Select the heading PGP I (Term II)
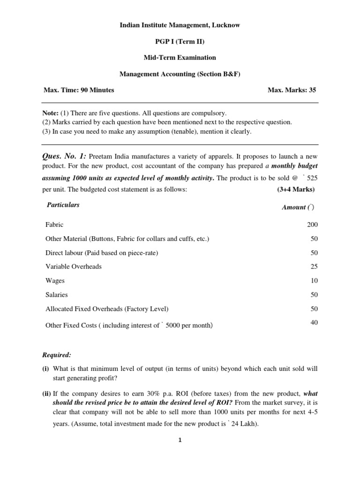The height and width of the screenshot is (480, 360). click(180, 41)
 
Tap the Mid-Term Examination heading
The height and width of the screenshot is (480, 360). click(180, 58)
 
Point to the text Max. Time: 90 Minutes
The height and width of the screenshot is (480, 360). click(79, 90)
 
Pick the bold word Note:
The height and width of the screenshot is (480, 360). click(51, 113)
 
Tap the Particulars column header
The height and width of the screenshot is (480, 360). click(63, 205)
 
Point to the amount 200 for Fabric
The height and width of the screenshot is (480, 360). click(312, 225)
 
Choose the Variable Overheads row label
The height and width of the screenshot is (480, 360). click(74, 267)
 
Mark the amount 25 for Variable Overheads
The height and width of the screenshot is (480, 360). click(314, 267)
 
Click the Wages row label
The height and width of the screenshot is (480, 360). click(55, 281)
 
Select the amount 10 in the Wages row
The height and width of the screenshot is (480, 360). click(314, 281)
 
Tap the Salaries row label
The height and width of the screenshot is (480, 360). click(57, 295)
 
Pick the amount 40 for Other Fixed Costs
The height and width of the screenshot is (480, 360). click(314, 322)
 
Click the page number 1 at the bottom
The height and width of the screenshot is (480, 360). click(180, 440)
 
